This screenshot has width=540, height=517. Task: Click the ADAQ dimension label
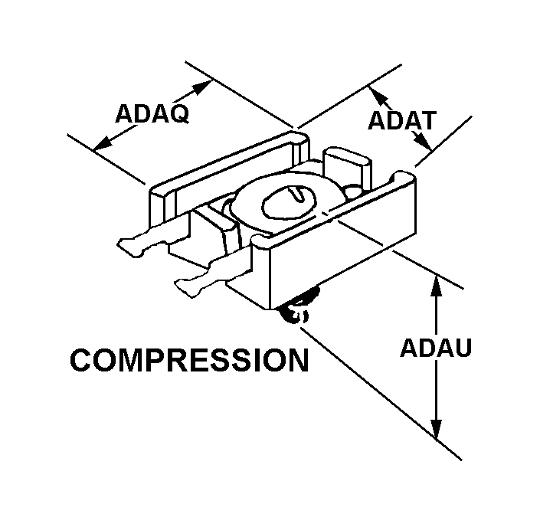tap(152, 113)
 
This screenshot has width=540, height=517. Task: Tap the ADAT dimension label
tap(402, 120)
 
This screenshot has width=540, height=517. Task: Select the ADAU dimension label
tap(436, 348)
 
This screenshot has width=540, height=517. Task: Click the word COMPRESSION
tap(189, 360)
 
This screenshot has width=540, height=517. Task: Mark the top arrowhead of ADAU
tap(437, 286)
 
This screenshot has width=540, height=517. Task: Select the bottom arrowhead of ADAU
tap(437, 430)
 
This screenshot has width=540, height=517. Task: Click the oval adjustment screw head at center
tap(289, 203)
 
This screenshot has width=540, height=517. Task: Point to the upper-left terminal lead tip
tap(123, 244)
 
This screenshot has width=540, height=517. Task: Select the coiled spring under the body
tap(296, 306)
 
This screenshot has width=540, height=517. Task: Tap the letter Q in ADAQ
tap(180, 114)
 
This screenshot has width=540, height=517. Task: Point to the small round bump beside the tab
tap(352, 191)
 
